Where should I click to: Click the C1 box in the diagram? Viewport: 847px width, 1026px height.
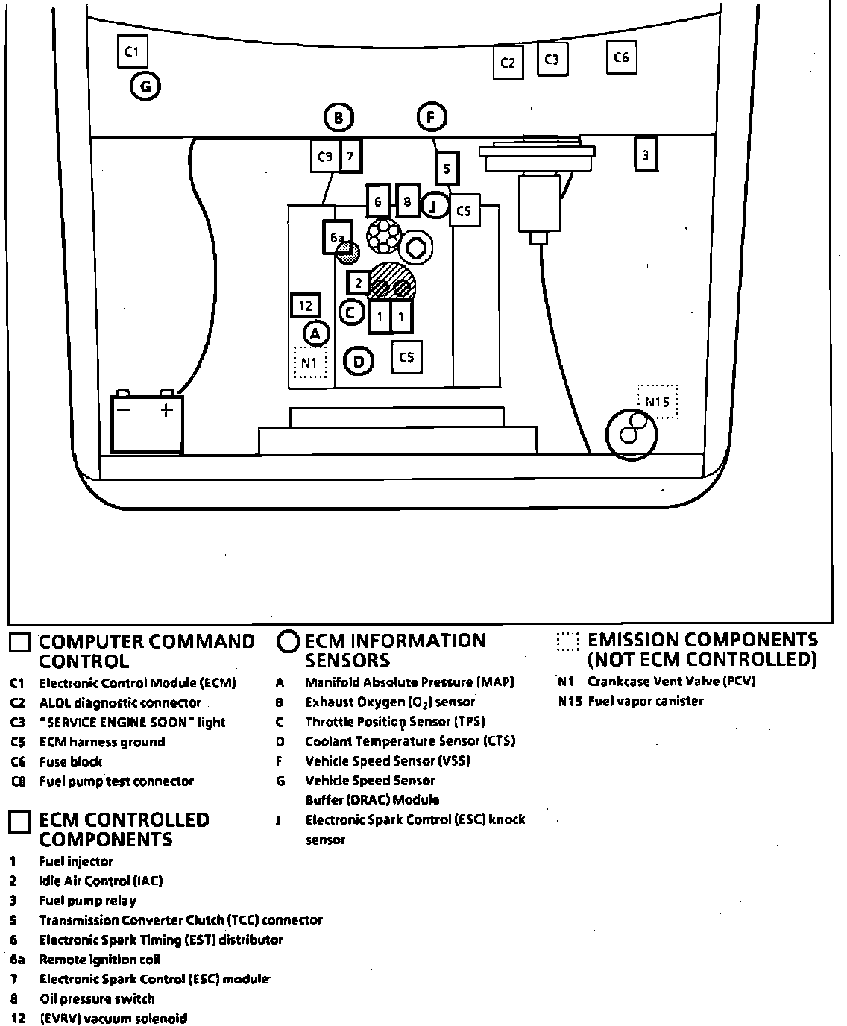point(133,51)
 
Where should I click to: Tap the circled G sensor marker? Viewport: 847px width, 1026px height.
point(145,87)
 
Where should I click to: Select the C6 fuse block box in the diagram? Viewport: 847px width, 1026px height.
point(621,57)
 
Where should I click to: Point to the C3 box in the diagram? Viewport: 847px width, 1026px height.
point(552,60)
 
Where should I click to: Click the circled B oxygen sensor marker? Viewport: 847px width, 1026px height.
point(339,118)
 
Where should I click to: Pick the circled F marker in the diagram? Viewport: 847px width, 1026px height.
point(430,117)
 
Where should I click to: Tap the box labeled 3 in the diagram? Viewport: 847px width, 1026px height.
point(646,155)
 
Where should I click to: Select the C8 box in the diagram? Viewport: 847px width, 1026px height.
point(324,157)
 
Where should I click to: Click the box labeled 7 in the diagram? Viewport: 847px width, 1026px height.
point(350,156)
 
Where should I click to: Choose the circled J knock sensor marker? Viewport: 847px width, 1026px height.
point(435,205)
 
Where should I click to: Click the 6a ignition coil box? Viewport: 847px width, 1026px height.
point(337,237)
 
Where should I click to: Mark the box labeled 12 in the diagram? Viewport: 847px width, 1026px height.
point(305,306)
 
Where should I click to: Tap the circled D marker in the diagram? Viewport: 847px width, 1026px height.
point(359,362)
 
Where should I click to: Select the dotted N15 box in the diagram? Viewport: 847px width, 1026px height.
point(657,402)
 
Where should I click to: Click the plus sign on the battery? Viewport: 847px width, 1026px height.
point(166,410)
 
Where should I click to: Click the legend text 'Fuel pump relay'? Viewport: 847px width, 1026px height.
point(87,900)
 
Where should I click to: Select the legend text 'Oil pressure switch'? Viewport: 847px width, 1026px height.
point(97,998)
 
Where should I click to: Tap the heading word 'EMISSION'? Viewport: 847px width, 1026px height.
point(632,640)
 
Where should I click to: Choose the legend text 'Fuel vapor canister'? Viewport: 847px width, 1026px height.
point(645,701)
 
